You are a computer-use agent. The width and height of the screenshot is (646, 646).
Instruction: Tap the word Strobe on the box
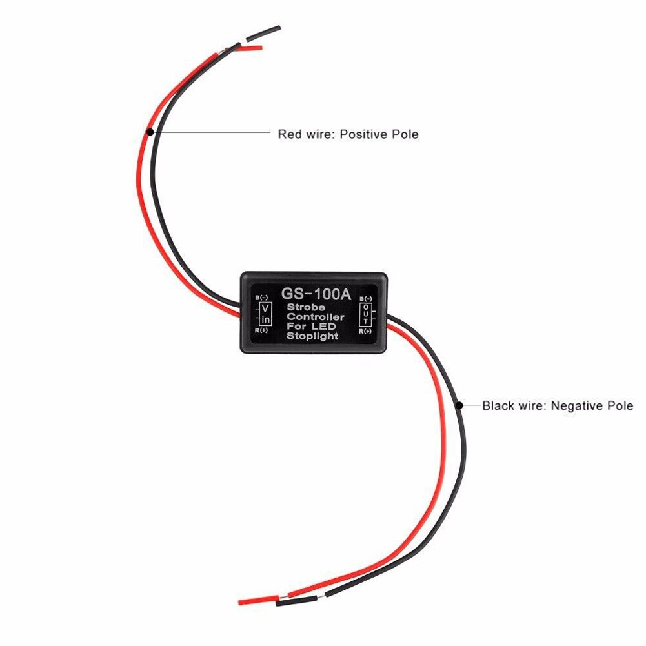[305, 307]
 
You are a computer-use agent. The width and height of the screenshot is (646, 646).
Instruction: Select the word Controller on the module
[316, 317]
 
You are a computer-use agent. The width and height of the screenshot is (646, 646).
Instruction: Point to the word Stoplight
[312, 336]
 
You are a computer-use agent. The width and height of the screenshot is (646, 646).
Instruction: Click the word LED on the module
[332, 327]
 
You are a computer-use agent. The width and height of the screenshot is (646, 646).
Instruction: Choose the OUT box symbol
[366, 314]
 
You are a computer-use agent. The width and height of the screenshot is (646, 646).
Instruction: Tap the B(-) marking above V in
[263, 298]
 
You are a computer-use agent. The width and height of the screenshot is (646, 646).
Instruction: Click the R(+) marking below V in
[263, 330]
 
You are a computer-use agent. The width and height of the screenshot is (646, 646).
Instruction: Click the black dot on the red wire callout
[150, 132]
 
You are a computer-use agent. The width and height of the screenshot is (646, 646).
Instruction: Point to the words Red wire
[305, 134]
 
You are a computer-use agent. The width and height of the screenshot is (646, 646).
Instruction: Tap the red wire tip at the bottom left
[252, 601]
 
